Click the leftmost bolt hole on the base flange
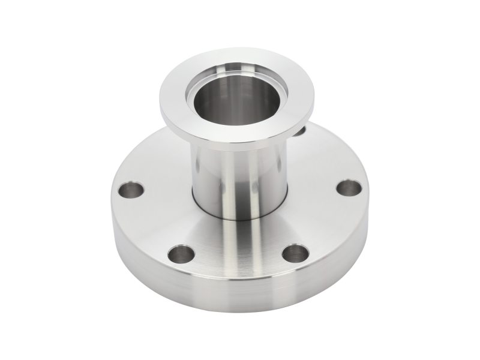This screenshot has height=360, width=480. (x=130, y=192)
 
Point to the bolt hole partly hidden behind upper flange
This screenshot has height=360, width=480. (x=300, y=128)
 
